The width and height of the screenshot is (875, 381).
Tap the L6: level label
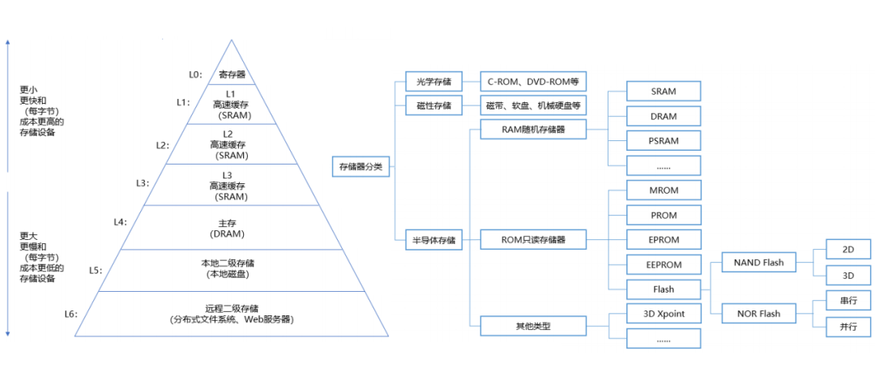point(71,313)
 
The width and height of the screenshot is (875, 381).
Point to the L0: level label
point(194,75)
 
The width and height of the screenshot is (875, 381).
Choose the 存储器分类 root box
point(361,168)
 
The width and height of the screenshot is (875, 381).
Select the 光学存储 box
point(433,82)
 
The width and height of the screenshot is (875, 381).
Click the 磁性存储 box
point(433,106)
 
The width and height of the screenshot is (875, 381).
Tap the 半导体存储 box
point(433,240)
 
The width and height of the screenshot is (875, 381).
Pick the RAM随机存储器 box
point(533,128)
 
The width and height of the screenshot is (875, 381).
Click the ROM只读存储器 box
point(533,240)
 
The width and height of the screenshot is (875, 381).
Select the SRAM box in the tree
point(664,92)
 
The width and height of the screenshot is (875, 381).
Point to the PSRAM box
point(664,140)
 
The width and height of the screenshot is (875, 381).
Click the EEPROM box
point(664,264)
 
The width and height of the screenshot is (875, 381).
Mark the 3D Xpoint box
point(664,314)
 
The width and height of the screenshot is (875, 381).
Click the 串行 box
point(848,301)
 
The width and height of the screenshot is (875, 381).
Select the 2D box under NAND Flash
point(848,249)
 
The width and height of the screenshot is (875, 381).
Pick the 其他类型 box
point(533,327)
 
